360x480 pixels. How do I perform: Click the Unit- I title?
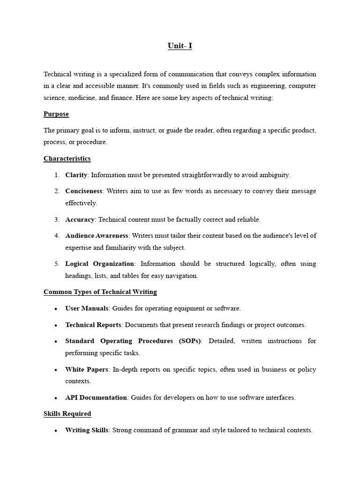coord(180,46)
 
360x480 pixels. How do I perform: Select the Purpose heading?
coord(56,114)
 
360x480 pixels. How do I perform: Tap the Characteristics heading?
coord(67,158)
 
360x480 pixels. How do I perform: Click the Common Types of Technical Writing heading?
coord(100,292)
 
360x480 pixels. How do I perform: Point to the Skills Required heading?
coord(67,414)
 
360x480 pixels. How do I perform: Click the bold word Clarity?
coord(76,175)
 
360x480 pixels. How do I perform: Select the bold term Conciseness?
coord(84,191)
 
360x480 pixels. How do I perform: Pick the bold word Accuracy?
coord(80,219)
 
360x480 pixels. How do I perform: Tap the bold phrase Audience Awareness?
coord(97,236)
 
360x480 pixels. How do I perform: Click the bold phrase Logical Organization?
coord(100,264)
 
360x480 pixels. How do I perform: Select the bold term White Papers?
coord(87,369)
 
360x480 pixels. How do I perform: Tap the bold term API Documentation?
coord(96,397)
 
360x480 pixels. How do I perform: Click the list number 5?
coord(57,264)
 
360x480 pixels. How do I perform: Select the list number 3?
coord(57,219)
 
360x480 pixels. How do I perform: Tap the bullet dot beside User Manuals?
coord(56,309)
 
